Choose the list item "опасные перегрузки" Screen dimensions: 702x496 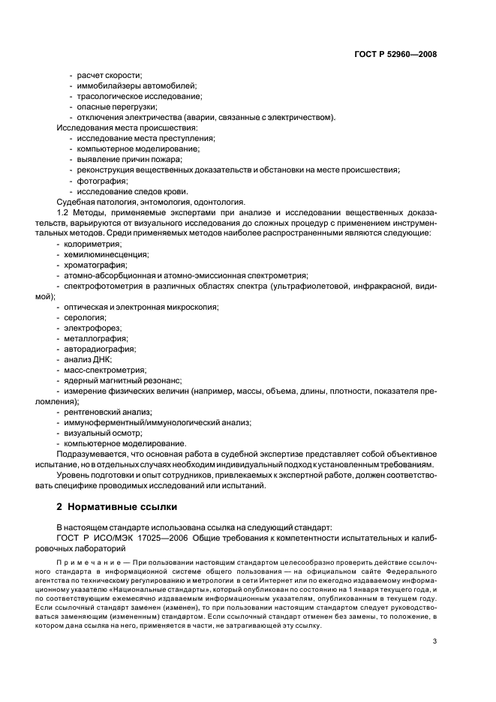click(110, 106)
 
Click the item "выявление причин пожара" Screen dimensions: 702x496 click(128, 159)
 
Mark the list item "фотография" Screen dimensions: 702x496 click(101, 181)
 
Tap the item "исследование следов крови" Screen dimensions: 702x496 click(131, 191)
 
